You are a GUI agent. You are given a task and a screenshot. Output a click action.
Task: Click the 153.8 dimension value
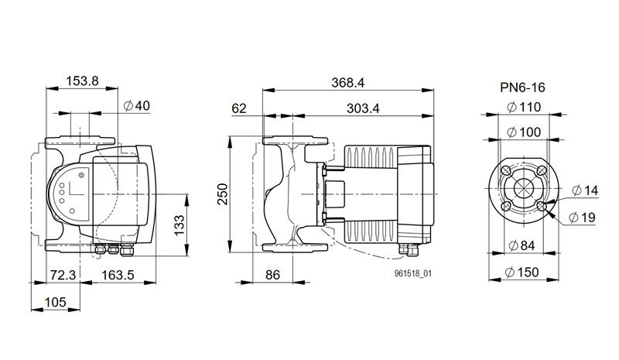[82, 81]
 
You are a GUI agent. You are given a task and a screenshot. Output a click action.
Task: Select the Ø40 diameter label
[137, 106]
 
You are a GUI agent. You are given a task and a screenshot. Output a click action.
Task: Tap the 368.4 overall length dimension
[347, 83]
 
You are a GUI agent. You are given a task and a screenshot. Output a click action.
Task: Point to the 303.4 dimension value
[363, 108]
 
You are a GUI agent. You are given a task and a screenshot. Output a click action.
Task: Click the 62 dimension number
[239, 108]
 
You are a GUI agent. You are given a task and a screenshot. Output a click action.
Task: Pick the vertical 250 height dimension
[224, 194]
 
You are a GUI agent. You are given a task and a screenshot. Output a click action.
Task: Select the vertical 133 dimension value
[180, 225]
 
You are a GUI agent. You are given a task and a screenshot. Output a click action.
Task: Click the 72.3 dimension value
[63, 275]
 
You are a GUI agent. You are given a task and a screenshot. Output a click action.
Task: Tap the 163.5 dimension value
[118, 275]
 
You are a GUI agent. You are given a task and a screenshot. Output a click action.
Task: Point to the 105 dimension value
[55, 302]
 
